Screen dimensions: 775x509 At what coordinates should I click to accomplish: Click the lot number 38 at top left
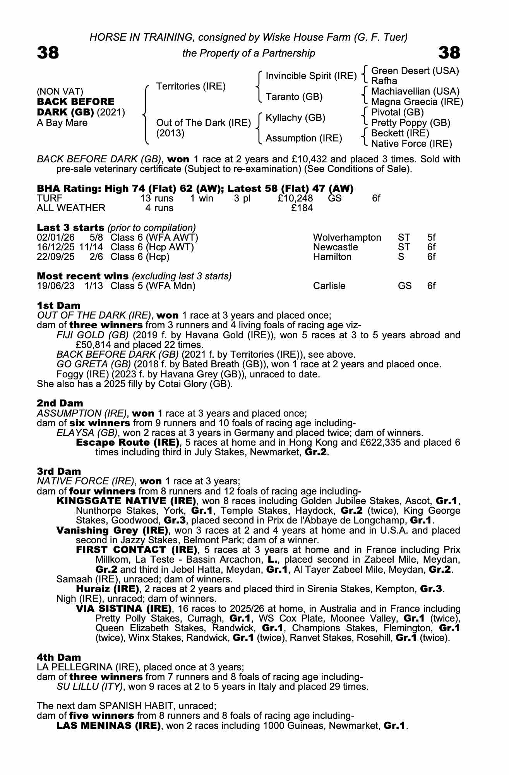[x=48, y=53]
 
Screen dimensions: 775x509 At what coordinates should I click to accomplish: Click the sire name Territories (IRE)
[x=190, y=86]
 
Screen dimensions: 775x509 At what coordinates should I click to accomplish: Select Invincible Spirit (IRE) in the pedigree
[x=311, y=76]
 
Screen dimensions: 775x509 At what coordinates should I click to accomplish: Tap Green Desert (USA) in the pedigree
[x=415, y=71]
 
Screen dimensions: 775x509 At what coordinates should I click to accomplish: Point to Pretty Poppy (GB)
[x=410, y=123]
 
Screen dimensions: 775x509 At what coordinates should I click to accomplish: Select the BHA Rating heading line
[x=195, y=189]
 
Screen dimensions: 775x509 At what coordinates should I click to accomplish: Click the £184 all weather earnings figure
[x=302, y=208]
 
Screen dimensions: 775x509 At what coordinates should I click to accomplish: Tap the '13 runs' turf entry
[x=157, y=198]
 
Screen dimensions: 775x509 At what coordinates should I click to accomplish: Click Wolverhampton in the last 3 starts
[x=347, y=238]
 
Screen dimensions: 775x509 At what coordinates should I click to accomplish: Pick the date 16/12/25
[x=55, y=247]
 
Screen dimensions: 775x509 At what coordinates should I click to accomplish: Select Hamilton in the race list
[x=332, y=257]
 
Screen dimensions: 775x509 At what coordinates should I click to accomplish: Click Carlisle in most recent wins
[x=329, y=286]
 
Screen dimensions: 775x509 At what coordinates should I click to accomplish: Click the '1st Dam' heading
[x=58, y=305]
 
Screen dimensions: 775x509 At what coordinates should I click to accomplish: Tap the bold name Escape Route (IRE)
[x=128, y=443]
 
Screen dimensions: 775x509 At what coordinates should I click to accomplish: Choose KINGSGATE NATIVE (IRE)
[x=125, y=501]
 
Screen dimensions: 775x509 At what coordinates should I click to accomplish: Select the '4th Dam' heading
[x=59, y=657]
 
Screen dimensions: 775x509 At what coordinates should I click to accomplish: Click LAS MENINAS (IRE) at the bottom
[x=108, y=725]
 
